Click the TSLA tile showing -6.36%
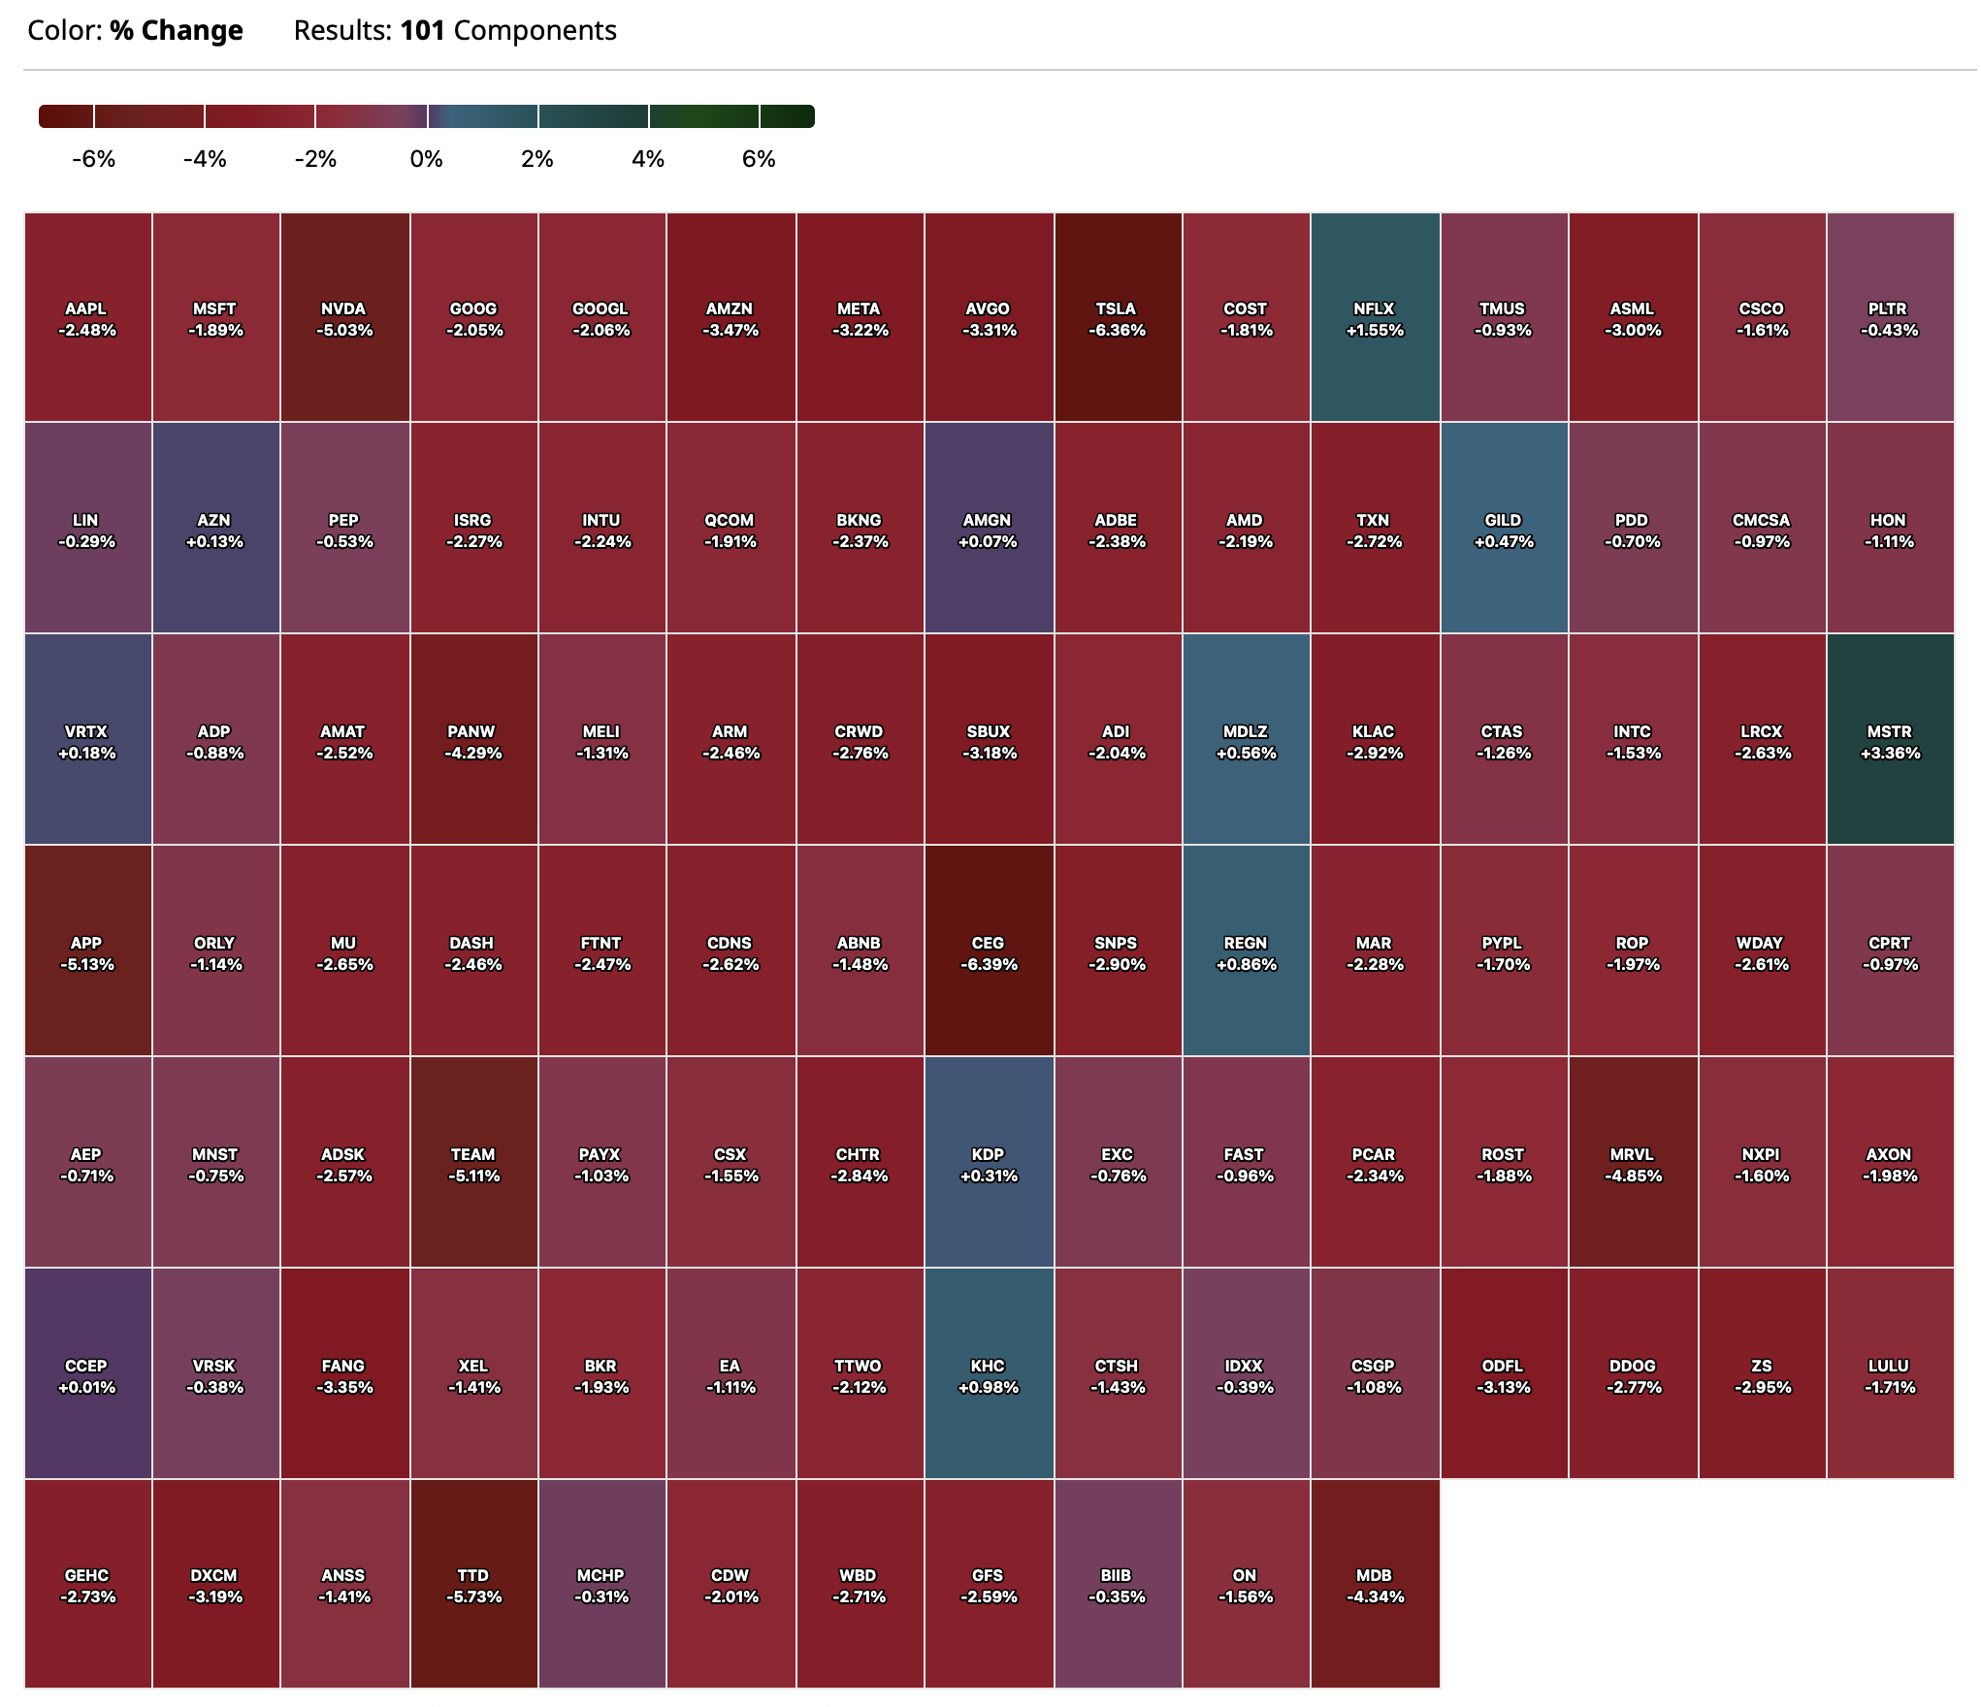coord(1117,318)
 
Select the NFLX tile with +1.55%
coord(1374,318)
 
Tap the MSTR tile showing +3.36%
coord(1889,741)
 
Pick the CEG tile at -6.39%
coord(988,952)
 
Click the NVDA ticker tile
coord(343,318)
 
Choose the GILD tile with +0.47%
coord(1503,530)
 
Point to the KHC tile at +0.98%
coord(988,1375)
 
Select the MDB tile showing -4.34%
coord(1374,1585)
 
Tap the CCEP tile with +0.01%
coord(86,1375)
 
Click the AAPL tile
coord(86,318)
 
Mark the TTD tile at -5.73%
coord(472,1585)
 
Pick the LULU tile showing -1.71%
coord(1889,1375)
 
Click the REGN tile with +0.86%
coord(1246,952)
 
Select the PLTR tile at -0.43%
coord(1889,318)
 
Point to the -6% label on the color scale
coord(93,159)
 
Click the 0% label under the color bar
coord(426,159)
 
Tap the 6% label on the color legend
coord(759,159)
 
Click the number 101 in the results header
coord(422,31)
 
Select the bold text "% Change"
coord(176,31)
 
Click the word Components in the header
coord(535,31)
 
